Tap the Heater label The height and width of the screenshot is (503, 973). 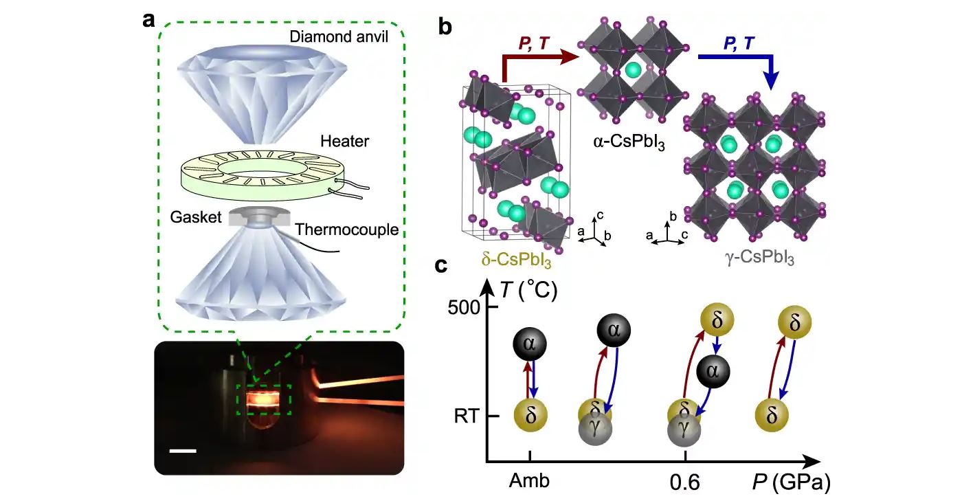[x=344, y=142]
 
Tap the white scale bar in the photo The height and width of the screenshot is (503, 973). [x=183, y=451]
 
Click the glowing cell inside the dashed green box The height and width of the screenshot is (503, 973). [x=264, y=399]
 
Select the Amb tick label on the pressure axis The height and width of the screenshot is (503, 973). [x=529, y=481]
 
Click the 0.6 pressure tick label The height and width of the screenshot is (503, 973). [x=685, y=482]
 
